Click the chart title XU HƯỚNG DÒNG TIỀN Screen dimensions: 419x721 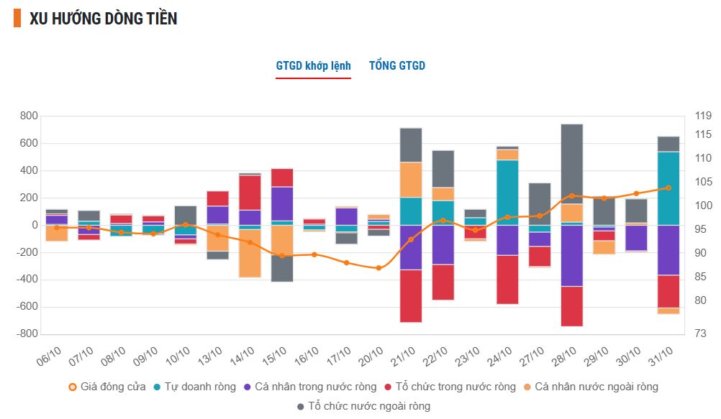pos(104,19)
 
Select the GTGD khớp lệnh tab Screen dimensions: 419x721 pos(313,66)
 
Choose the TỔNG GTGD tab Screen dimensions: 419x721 pos(397,66)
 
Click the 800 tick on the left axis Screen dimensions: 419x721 pos(29,116)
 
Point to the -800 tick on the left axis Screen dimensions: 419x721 pos(27,334)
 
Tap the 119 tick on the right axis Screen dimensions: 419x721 pos(703,116)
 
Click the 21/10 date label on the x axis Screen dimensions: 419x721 pos(404,354)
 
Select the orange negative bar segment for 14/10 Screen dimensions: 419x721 pos(250,253)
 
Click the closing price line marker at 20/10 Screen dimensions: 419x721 pos(378,268)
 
